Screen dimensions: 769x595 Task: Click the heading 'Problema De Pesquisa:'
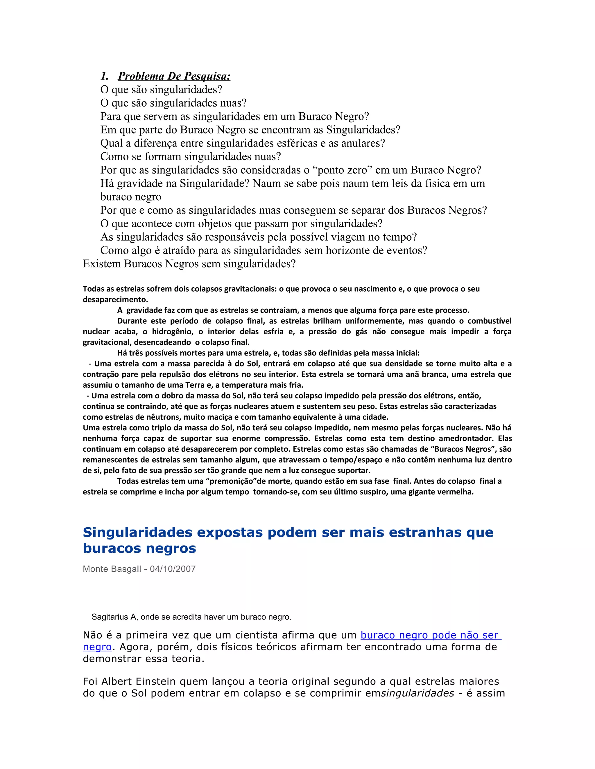coord(174,76)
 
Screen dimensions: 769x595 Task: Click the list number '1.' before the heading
coord(104,76)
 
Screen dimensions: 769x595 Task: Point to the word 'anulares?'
coord(363,143)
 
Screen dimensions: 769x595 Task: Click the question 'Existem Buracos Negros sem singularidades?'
coord(189,264)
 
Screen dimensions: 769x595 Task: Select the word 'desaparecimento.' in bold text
coord(115,300)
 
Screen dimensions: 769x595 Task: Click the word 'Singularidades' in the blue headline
coord(137,532)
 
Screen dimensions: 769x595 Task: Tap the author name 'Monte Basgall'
coord(112,569)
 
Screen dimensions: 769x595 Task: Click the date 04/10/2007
coord(173,569)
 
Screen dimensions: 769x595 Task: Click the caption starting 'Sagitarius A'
coord(191,617)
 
